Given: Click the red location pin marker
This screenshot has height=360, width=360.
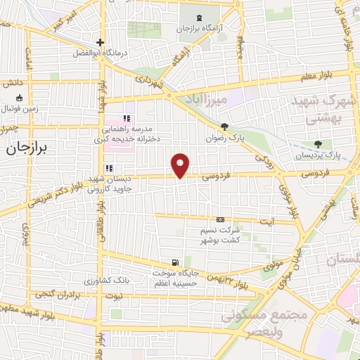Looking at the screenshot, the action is pyautogui.click(x=181, y=165).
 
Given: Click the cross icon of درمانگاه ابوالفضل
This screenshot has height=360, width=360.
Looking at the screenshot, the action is pyautogui.click(x=100, y=42).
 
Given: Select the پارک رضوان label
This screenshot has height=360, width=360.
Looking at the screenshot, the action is pyautogui.click(x=224, y=139).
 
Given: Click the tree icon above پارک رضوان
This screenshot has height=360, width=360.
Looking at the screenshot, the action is pyautogui.click(x=224, y=127).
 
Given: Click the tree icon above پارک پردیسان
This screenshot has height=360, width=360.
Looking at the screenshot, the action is pyautogui.click(x=319, y=143).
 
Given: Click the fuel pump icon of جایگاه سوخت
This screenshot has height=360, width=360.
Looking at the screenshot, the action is pyautogui.click(x=165, y=262).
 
